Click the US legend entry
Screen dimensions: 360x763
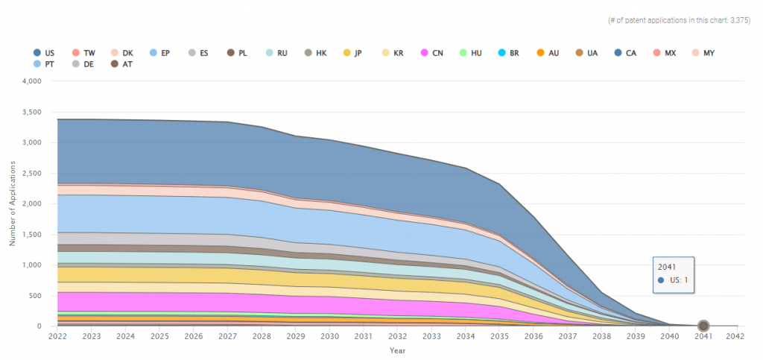[x=45, y=53]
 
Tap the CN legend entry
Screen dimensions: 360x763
[x=432, y=53]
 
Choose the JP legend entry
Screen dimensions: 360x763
[x=352, y=53]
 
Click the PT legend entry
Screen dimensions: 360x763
[x=45, y=64]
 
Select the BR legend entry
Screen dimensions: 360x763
[x=508, y=53]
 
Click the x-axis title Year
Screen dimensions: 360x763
[x=398, y=350]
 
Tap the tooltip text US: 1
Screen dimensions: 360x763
[x=677, y=280]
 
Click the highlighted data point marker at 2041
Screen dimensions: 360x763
[x=703, y=326]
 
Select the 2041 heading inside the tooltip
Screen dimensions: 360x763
[x=666, y=266]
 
